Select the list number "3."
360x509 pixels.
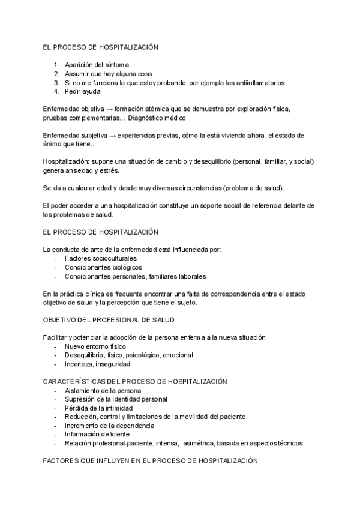point(56,82)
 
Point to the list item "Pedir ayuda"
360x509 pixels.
point(83,91)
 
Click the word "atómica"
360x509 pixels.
point(163,109)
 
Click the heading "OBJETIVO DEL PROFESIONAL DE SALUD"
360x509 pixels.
point(109,320)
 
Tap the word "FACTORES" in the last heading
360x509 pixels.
point(62,460)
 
